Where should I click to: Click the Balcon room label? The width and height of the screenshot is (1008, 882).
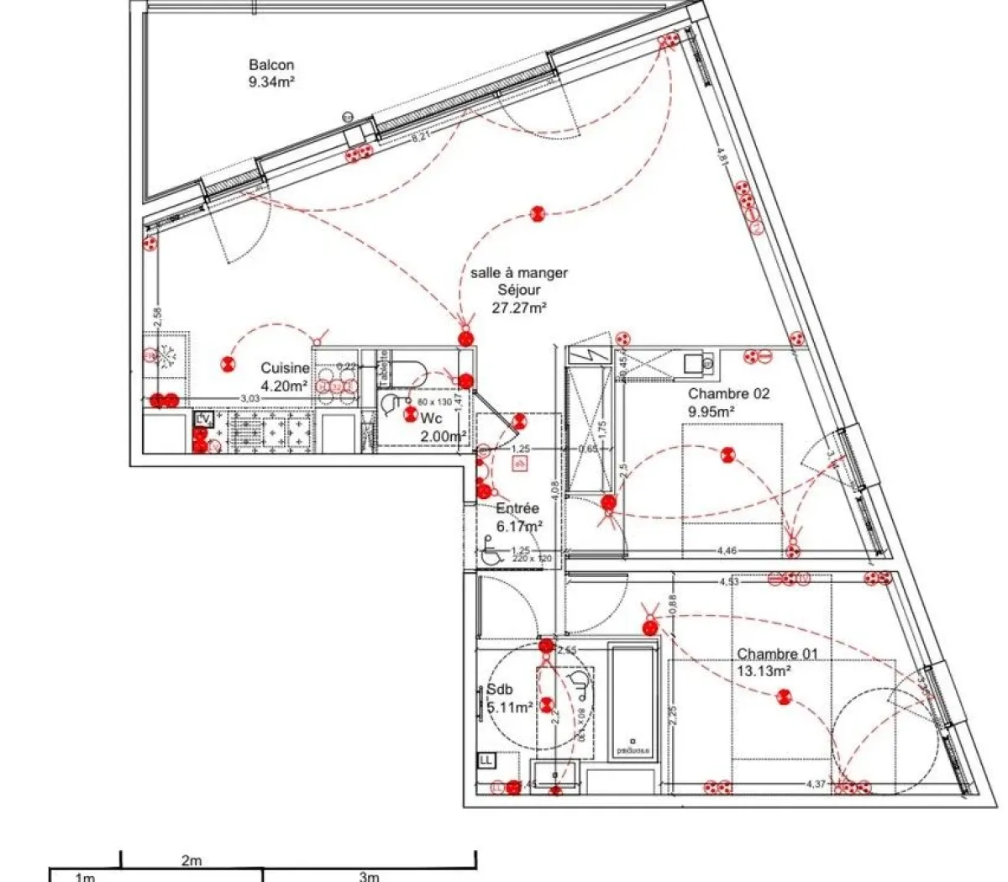point(270,65)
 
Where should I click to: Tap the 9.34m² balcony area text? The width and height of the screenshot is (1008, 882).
point(270,81)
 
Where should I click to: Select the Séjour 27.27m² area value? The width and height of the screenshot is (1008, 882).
point(519,307)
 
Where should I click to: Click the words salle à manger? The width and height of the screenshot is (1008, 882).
point(519,273)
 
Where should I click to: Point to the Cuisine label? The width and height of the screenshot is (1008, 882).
point(285,368)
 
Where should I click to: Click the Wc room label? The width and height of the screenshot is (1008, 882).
point(431,417)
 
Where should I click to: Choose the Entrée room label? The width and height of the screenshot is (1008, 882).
point(517,509)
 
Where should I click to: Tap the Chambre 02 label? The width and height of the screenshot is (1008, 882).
point(728,393)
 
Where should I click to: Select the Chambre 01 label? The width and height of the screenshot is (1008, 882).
point(777,654)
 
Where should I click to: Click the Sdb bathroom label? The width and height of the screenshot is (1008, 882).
point(499,690)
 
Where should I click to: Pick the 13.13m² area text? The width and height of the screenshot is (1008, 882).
point(764,671)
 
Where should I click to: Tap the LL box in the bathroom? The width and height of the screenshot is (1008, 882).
point(486,760)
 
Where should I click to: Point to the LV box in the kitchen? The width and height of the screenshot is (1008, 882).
point(202,417)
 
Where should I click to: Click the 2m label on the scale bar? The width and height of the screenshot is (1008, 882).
point(192,861)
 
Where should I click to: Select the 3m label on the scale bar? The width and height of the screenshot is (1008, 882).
point(369,877)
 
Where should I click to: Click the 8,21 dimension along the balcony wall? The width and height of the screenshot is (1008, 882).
point(419,139)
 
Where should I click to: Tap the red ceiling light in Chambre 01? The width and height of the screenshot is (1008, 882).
point(784,696)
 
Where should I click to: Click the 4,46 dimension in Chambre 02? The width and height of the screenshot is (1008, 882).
point(727,551)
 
